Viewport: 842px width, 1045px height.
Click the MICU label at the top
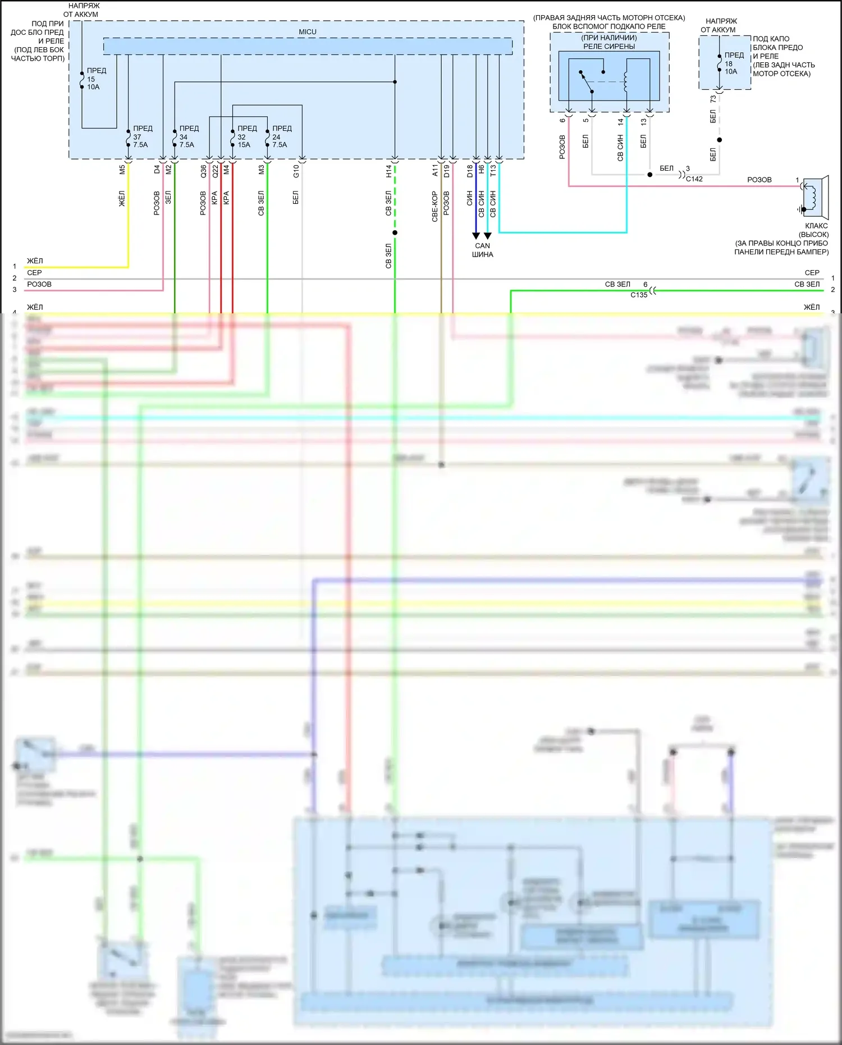308,32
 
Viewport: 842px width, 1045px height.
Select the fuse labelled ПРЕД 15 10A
83,79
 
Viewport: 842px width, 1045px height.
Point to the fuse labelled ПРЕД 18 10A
720,63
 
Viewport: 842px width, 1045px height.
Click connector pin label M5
122,170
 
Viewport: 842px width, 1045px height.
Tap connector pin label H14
388,171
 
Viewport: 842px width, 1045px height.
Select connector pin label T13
493,170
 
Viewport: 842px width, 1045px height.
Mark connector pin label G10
296,171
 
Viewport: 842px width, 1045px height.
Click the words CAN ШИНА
482,250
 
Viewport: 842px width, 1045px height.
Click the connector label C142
694,179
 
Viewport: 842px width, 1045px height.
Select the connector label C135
639,295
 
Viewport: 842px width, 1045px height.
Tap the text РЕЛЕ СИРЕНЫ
609,47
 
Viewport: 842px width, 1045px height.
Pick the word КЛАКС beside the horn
816,226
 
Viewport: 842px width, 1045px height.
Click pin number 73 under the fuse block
713,99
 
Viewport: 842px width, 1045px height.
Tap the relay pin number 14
620,121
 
